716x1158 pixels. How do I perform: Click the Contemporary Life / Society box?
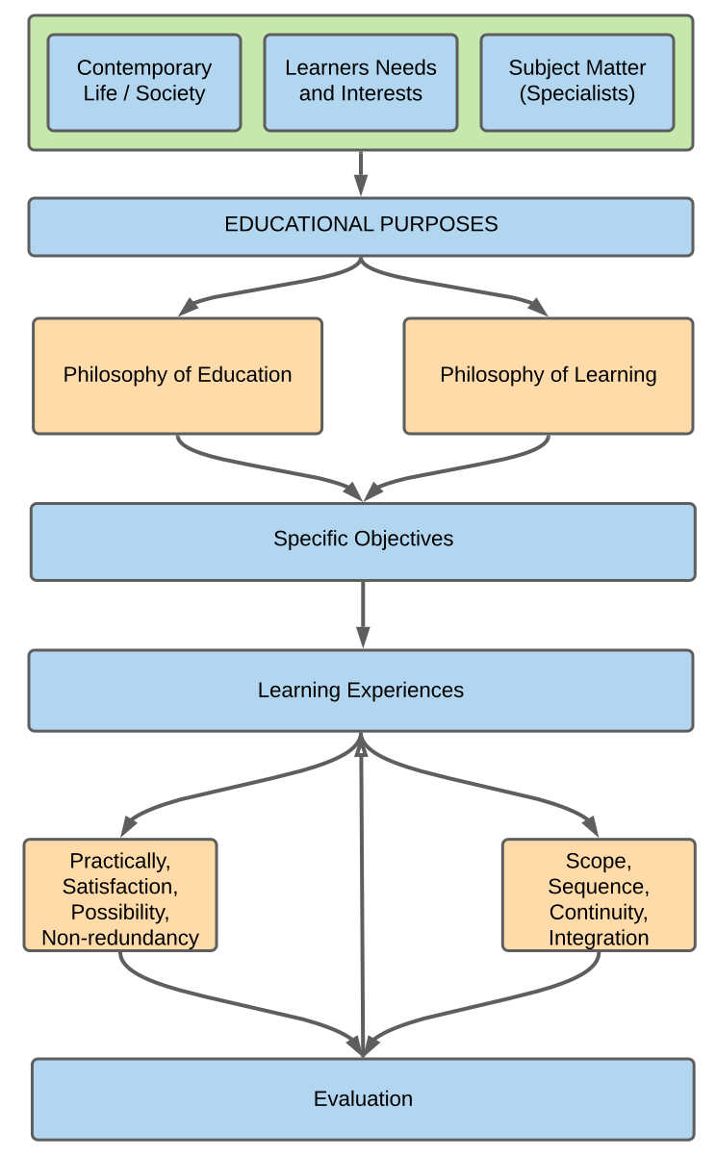pos(144,82)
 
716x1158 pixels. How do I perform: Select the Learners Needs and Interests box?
pos(361,82)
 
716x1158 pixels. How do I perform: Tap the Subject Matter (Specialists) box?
pos(577,82)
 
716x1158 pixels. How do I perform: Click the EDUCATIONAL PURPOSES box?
pos(361,225)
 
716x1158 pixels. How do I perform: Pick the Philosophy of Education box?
pos(178,375)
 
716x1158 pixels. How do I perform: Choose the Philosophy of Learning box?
pos(549,375)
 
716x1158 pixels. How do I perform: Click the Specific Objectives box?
pos(363,540)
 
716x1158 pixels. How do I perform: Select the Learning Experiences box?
pos(361,691)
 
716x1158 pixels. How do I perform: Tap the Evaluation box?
pos(363,1099)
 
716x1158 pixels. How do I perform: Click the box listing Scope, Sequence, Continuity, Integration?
pos(599,895)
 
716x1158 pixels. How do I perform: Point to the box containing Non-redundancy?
pos(120,895)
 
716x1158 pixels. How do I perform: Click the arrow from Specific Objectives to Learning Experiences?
pos(363,614)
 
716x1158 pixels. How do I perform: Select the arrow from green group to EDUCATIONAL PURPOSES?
pos(361,173)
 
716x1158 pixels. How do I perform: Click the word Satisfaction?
pos(120,886)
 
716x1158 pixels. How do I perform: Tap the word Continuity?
pos(599,912)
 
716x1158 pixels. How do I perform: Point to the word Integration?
pos(599,938)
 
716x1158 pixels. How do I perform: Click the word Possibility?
pos(120,912)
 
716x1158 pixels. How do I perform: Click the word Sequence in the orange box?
pos(599,886)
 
